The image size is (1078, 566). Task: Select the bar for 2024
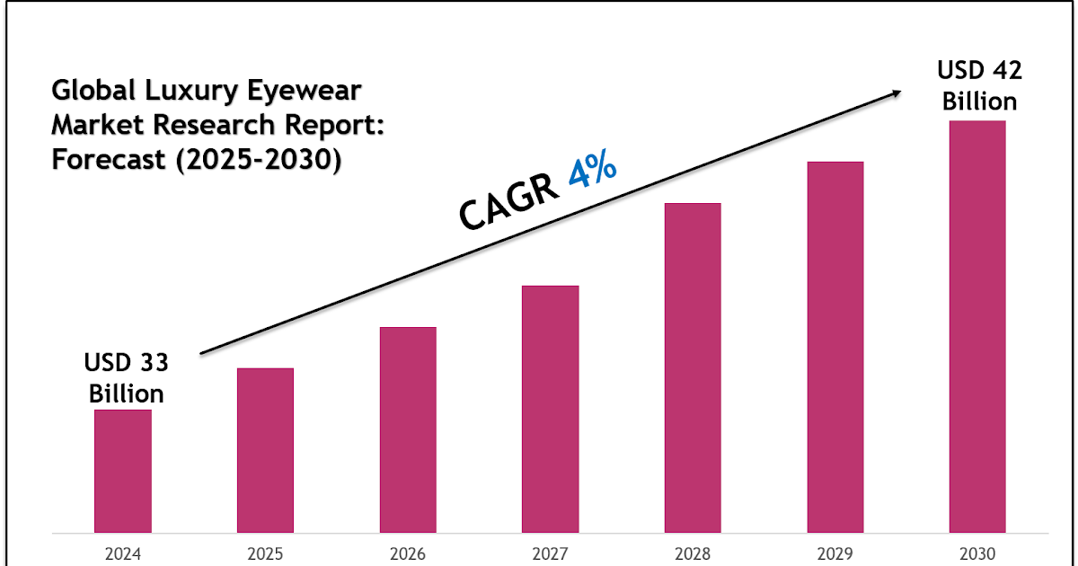[123, 471]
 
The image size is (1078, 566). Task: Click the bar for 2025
[265, 450]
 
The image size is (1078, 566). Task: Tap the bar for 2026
[408, 429]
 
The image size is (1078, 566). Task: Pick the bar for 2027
[550, 409]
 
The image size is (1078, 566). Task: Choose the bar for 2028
[693, 367]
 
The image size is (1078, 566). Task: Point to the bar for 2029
[835, 347]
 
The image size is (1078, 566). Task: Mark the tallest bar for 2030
[977, 326]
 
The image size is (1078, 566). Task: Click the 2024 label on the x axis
[123, 553]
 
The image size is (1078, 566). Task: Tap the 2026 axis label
[408, 553]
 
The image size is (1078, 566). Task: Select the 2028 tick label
[693, 553]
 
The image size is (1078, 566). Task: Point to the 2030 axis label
[977, 553]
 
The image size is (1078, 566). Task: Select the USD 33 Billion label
[126, 378]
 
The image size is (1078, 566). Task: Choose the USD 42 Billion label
[979, 85]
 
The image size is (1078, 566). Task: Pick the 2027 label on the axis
[550, 553]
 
